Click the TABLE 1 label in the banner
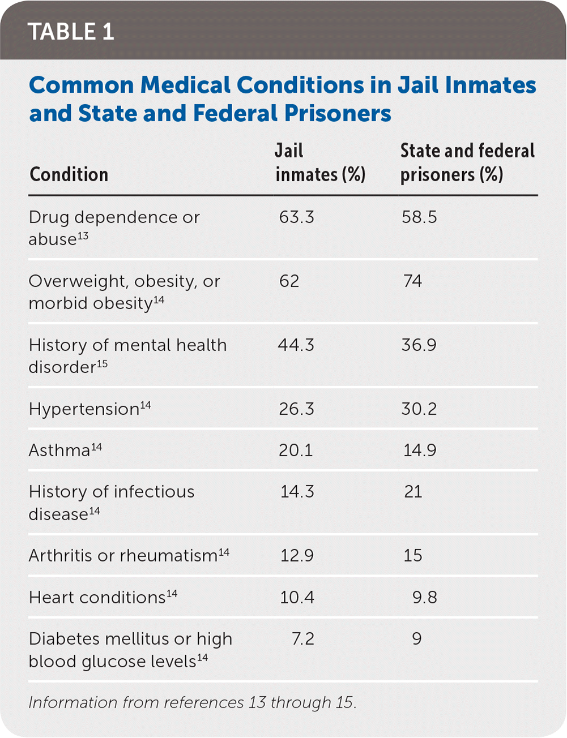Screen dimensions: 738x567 (x=71, y=32)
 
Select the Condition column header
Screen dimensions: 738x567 (x=69, y=174)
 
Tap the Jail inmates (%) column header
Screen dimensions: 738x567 (x=320, y=163)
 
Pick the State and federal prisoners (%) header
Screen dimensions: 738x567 (x=467, y=163)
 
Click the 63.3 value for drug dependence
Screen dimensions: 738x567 (x=296, y=217)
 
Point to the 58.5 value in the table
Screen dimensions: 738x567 (x=419, y=217)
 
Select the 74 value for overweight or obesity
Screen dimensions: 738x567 (x=412, y=281)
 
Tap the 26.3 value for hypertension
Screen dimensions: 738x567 (x=296, y=409)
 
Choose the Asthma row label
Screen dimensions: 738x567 (x=59, y=450)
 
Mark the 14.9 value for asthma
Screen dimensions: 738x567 (x=420, y=450)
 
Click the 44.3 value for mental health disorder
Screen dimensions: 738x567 (x=296, y=345)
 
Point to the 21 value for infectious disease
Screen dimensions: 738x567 (x=413, y=492)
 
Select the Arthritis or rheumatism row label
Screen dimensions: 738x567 (x=123, y=556)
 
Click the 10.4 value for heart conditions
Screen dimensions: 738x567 (x=297, y=598)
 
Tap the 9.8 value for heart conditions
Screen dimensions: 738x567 (x=424, y=598)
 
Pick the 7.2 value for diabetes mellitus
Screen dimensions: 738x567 (x=302, y=639)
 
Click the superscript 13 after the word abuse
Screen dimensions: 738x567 (x=83, y=235)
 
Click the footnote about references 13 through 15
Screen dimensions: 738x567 (x=193, y=702)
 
